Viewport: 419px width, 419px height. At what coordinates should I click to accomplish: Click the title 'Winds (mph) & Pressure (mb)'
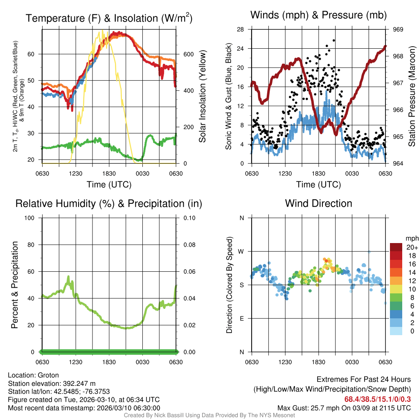(x=318, y=15)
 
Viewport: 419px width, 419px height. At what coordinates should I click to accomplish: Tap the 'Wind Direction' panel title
(x=318, y=203)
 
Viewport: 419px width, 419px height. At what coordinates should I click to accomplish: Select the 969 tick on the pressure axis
(x=398, y=29)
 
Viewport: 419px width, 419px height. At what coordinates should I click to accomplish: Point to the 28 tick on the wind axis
(x=240, y=29)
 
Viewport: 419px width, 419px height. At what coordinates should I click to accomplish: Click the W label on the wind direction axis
(x=241, y=251)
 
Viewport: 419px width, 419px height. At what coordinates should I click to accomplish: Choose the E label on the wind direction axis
(x=241, y=318)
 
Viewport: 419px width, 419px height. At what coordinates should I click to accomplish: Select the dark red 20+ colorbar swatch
(x=396, y=247)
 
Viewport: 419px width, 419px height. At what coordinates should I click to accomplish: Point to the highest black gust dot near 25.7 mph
(x=334, y=41)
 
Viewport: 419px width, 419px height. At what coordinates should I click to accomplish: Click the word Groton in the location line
(x=48, y=375)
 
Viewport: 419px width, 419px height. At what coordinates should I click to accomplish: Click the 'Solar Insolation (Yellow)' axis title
(x=203, y=97)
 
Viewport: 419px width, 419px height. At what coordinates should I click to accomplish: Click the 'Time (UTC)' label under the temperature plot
(x=109, y=185)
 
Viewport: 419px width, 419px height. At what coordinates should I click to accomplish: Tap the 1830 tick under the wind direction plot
(x=318, y=362)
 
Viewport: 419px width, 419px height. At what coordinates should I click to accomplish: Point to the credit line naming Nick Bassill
(x=209, y=415)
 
